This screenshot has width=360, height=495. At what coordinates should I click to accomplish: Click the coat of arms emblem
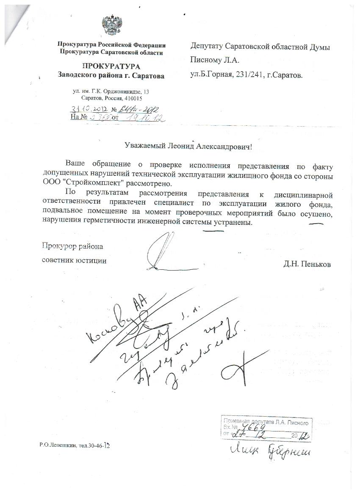click(x=111, y=26)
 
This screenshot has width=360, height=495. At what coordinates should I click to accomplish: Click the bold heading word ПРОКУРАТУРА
click(x=111, y=66)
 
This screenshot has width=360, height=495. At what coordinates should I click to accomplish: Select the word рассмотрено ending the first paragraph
click(x=149, y=184)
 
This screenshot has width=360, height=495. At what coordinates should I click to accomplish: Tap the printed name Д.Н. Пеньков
click(x=307, y=264)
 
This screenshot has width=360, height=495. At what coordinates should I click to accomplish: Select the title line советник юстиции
click(x=74, y=260)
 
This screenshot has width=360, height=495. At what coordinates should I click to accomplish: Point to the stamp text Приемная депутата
click(x=245, y=422)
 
